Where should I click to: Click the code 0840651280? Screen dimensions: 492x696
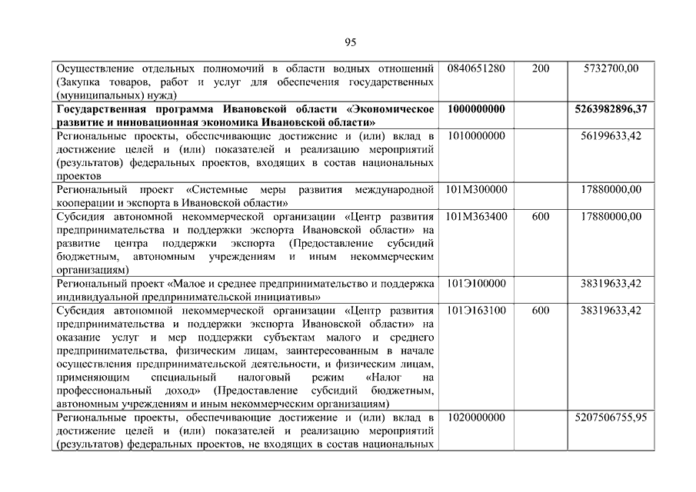point(475,68)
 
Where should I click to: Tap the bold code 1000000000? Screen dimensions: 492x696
point(475,109)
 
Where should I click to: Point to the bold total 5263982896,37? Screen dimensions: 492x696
point(611,109)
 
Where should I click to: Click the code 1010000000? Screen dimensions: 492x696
point(475,136)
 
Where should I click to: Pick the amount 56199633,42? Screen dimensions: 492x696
point(611,136)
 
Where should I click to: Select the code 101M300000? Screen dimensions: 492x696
point(475,189)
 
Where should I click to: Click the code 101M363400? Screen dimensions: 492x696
point(476,216)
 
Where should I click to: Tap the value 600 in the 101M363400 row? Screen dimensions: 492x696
point(541,216)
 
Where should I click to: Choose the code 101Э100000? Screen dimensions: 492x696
point(475,284)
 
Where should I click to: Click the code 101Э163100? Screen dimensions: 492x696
point(475,311)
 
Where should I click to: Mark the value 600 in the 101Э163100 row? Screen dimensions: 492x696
point(541,311)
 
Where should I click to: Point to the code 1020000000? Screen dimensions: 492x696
point(475,417)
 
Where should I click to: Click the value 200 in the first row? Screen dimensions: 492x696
point(541,68)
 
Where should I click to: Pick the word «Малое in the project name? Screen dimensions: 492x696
point(187,284)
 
